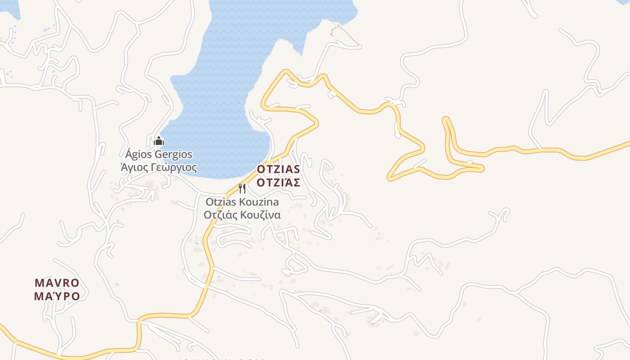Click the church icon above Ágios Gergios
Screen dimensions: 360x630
(158, 141)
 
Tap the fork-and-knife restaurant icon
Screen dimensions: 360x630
(242, 188)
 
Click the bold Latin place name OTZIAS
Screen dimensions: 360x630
(278, 170)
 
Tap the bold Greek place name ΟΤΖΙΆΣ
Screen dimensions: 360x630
(278, 182)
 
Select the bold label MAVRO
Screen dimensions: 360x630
(57, 283)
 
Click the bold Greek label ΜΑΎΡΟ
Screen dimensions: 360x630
(57, 296)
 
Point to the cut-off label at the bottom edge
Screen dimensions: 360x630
(219, 359)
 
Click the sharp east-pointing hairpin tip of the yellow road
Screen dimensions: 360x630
(482, 168)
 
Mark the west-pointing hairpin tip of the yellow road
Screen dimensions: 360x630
(390, 179)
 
